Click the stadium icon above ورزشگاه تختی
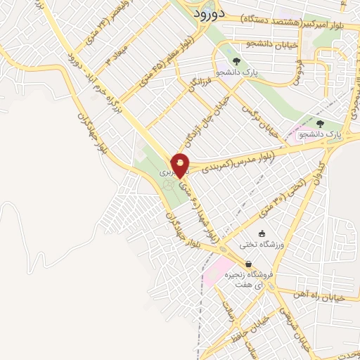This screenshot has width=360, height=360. click(x=262, y=233)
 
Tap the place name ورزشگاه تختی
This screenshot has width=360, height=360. click(x=262, y=245)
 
